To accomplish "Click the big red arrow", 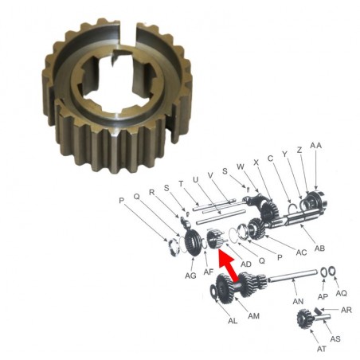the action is (x=229, y=265).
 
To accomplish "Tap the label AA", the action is (x=315, y=146).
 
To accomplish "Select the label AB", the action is (x=319, y=248).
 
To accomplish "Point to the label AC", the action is (x=301, y=252).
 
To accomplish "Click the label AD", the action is (x=246, y=264).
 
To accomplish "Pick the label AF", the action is (x=209, y=272).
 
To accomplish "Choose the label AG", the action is (x=190, y=276).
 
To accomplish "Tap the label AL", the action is (x=233, y=321).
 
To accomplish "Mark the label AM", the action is (x=253, y=316).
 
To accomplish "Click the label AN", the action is (x=298, y=301).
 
